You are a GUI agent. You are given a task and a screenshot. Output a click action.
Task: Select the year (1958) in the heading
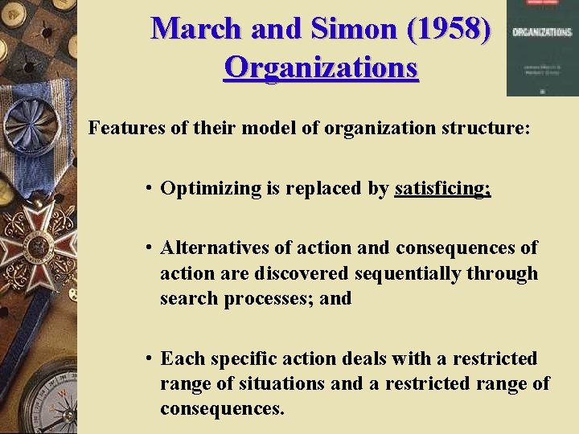click(x=449, y=29)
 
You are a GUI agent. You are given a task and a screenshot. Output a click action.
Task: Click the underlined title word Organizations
click(x=321, y=67)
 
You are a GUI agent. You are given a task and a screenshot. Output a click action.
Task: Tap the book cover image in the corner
click(x=542, y=48)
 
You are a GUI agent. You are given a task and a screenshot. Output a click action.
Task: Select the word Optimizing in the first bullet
click(x=211, y=189)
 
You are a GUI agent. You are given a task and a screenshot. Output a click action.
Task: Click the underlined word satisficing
click(x=441, y=189)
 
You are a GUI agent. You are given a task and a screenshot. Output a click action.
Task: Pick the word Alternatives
click(x=211, y=248)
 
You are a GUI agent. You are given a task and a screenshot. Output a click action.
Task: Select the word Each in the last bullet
click(x=179, y=358)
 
